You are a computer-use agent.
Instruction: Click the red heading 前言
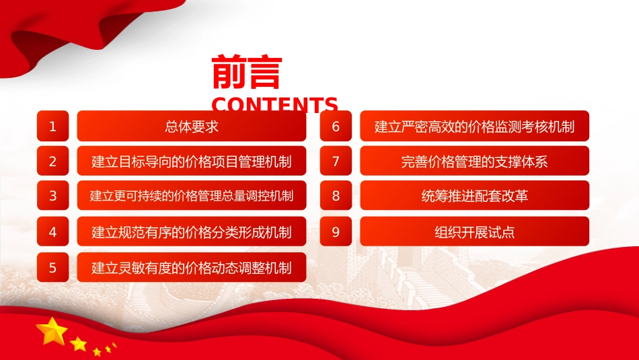click(247, 72)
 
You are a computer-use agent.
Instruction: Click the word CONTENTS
click(274, 104)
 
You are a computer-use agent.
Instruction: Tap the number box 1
click(53, 126)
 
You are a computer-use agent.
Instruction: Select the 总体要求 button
click(192, 126)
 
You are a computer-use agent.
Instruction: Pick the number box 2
click(53, 161)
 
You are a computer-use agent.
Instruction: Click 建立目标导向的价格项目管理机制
click(192, 161)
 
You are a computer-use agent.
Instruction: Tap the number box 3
click(53, 195)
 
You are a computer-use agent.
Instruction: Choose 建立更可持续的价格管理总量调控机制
click(192, 195)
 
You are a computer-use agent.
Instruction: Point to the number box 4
click(53, 231)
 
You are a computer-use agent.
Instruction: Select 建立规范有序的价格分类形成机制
click(192, 231)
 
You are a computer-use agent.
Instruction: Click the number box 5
click(53, 267)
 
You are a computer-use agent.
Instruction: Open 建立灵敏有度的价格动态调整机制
click(192, 267)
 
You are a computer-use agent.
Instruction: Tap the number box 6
click(336, 126)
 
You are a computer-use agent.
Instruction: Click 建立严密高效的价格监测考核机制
click(474, 126)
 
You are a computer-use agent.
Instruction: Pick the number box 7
click(336, 161)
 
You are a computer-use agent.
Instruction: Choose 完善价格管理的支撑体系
click(474, 161)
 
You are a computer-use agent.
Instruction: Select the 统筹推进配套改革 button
click(474, 195)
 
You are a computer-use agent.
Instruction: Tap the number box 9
click(336, 231)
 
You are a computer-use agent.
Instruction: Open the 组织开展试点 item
click(474, 231)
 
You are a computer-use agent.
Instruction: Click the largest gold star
click(52, 331)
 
